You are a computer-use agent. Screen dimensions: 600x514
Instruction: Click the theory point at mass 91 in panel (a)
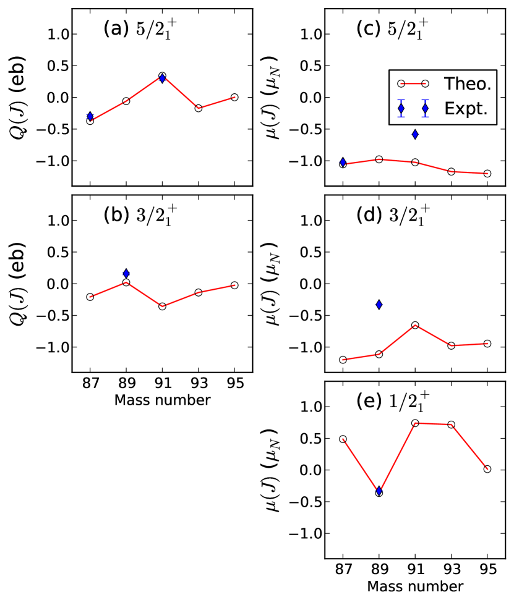tap(162, 76)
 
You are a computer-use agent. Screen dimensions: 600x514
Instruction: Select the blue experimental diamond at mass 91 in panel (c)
tap(415, 133)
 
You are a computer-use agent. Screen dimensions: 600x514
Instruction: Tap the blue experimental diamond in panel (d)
tap(379, 304)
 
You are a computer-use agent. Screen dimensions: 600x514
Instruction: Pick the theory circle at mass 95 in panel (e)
tap(487, 469)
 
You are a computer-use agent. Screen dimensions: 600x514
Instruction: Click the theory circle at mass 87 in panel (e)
tap(343, 439)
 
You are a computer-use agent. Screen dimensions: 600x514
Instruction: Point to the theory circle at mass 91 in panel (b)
tap(162, 306)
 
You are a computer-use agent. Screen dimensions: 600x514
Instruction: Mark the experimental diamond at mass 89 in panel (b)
tap(126, 273)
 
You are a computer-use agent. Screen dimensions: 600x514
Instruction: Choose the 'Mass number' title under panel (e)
tap(415, 585)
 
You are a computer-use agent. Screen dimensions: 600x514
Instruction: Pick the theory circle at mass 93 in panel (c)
tap(451, 171)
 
